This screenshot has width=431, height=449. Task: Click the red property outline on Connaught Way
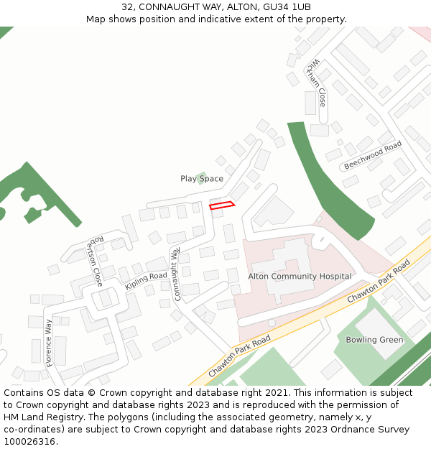pyautogui.click(x=222, y=205)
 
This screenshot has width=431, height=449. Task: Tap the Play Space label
pyautogui.click(x=202, y=179)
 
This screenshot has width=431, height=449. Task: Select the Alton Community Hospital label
pyautogui.click(x=300, y=276)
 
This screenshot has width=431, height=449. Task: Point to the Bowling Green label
pyautogui.click(x=374, y=340)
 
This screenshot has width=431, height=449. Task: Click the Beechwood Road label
pyautogui.click(x=372, y=155)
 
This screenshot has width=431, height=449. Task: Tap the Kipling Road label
pyautogui.click(x=146, y=280)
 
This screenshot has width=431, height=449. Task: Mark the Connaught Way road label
pyautogui.click(x=175, y=274)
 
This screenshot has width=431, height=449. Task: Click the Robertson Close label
pyautogui.click(x=96, y=261)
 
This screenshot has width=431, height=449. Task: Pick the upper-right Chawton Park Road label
pyautogui.click(x=378, y=281)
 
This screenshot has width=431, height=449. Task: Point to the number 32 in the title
pyautogui.click(x=127, y=6)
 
